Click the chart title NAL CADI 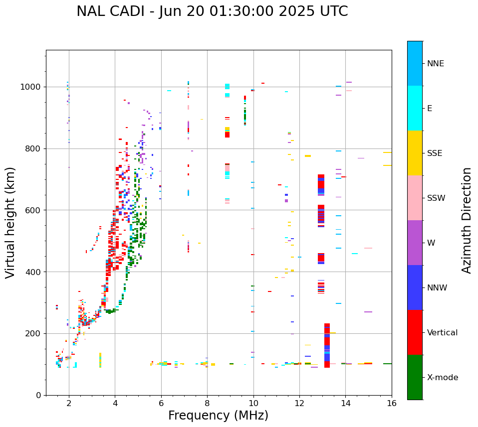(x=212, y=11)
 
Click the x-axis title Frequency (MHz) (x=218, y=416)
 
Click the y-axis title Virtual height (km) (x=10, y=223)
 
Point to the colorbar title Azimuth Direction (x=467, y=220)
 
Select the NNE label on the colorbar (x=435, y=64)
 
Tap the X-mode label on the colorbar (x=443, y=378)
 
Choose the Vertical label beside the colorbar (x=442, y=333)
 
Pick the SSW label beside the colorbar (x=436, y=198)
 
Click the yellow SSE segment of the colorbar (x=415, y=153)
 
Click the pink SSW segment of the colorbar (x=415, y=198)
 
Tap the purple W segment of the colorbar (x=415, y=243)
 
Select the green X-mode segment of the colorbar (x=415, y=377)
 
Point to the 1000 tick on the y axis (x=33, y=87)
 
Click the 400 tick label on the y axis (x=35, y=272)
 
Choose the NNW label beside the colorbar (x=437, y=288)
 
